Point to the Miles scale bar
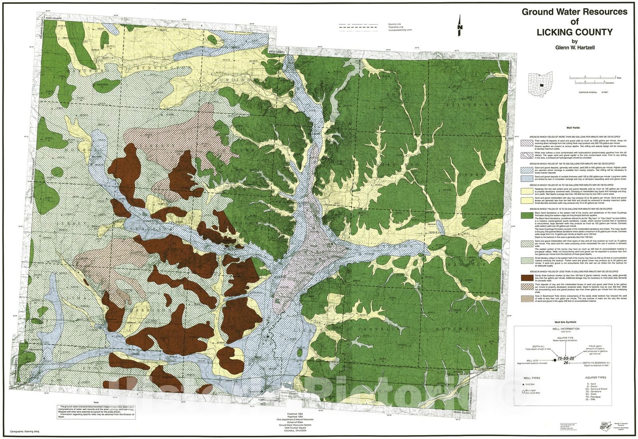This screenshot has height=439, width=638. coord(592,77)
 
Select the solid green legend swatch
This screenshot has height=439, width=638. coord(526,216)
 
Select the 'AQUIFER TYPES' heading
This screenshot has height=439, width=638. coord(595,377)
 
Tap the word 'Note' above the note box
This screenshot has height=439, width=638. coord(95,402)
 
